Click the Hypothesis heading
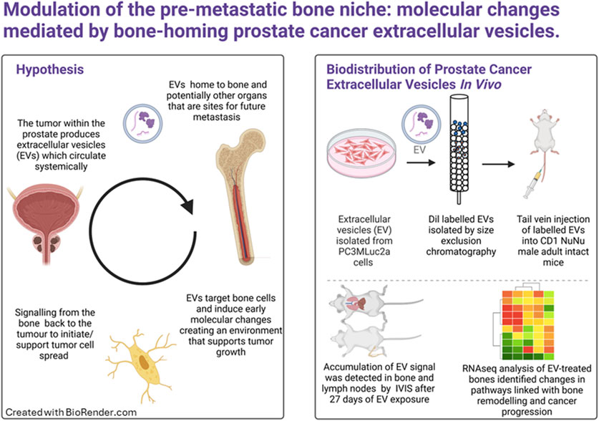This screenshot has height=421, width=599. pos(49,69)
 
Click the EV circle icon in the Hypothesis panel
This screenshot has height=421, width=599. pos(143,123)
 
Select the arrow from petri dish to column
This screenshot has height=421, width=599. pos(421,163)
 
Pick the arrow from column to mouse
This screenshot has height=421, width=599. pos(499,164)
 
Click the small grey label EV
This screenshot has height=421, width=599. pos(419,150)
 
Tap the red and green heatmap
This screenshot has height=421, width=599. pos(527,325)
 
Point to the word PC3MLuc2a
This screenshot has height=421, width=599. pos(363,252)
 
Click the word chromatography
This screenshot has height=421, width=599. pos(461,252)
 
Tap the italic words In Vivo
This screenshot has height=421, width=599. pos(481,84)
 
